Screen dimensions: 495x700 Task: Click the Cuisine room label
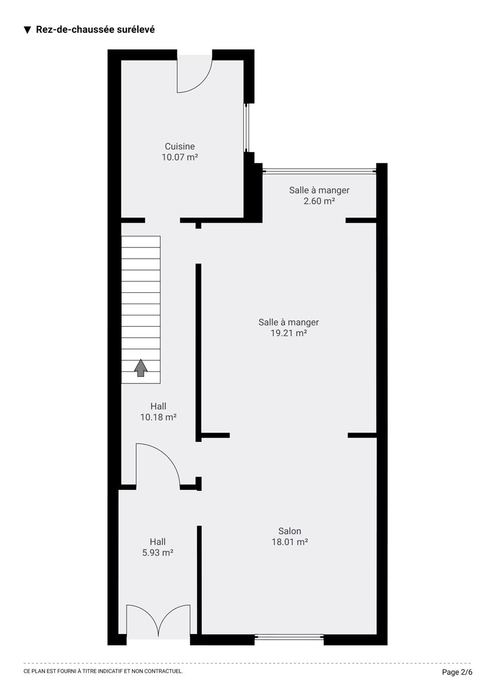(179, 146)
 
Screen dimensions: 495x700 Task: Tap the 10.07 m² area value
(179, 157)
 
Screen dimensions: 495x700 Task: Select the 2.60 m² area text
(319, 201)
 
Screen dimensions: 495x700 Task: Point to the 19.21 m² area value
(288, 333)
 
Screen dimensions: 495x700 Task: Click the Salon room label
(290, 531)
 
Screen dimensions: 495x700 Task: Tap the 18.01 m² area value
(290, 542)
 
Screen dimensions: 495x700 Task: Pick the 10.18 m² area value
(158, 417)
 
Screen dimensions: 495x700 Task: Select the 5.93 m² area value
(158, 553)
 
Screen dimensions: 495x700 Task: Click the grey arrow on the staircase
(141, 368)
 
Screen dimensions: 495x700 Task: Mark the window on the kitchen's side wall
(246, 127)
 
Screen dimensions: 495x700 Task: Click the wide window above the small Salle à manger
(319, 171)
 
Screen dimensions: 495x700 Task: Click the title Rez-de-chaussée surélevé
(95, 29)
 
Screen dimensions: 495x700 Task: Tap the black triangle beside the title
(27, 30)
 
